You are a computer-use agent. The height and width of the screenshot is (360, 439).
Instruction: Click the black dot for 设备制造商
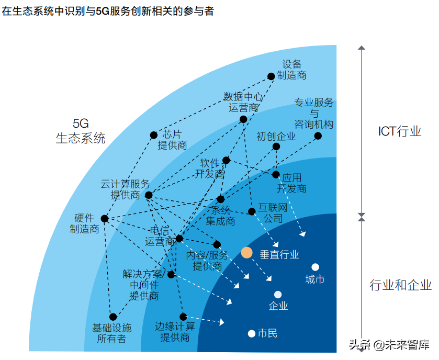tap(271, 76)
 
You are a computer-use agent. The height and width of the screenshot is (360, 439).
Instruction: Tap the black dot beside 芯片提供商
tap(154, 135)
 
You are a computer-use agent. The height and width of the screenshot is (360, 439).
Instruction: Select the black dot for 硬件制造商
tap(105, 219)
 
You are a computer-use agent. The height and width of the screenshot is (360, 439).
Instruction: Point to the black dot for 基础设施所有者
tap(113, 317)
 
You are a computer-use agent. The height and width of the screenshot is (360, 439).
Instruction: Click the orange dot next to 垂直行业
tap(247, 253)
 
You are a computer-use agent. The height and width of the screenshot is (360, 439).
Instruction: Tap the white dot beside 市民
tap(251, 333)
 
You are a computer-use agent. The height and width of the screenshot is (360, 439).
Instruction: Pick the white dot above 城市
tap(315, 267)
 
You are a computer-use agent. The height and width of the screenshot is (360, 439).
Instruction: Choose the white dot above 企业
tap(278, 295)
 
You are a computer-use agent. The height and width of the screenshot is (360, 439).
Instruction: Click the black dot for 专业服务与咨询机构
tap(318, 136)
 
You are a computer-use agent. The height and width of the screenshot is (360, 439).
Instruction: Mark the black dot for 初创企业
tap(276, 147)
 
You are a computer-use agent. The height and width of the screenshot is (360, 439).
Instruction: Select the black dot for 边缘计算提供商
tap(183, 317)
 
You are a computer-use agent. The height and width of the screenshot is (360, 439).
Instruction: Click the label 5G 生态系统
tap(81, 131)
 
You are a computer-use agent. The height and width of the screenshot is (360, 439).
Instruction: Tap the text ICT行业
tap(400, 131)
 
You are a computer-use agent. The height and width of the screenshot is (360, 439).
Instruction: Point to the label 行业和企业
tap(401, 285)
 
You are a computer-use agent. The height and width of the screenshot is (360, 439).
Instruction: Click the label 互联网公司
tap(273, 213)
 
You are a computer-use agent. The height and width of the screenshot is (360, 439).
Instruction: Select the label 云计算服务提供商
tap(126, 189)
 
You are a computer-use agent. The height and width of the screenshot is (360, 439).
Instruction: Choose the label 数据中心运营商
tap(243, 102)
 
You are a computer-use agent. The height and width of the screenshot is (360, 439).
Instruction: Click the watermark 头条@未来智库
tap(389, 345)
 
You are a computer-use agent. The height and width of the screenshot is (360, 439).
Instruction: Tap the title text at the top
tap(108, 11)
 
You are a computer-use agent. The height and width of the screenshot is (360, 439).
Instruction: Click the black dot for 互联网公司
tap(252, 211)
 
